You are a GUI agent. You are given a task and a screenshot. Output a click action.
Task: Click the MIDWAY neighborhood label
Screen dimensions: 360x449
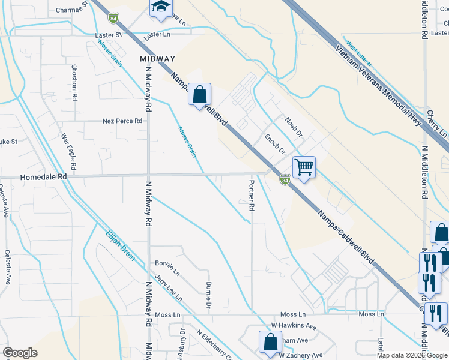pos(157,59)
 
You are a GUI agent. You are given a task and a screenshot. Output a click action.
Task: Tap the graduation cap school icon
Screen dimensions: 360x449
pos(160,7)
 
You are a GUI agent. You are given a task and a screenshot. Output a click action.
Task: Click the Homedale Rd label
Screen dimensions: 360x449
pos(43,178)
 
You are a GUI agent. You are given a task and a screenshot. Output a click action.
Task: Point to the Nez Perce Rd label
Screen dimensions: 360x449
pos(122,121)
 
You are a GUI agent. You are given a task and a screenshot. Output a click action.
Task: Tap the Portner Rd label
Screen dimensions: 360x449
pos(252,195)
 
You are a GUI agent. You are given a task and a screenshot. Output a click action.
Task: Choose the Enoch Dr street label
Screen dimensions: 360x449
pos(275,144)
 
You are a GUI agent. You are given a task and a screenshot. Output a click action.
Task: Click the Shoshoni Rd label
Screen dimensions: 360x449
pos(74,79)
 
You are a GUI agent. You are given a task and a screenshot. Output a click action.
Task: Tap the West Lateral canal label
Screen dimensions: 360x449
pos(360,55)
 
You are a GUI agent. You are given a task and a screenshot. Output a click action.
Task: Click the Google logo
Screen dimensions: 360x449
pos(20,353)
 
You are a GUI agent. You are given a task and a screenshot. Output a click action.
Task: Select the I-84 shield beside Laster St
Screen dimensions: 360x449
pos(113,19)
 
